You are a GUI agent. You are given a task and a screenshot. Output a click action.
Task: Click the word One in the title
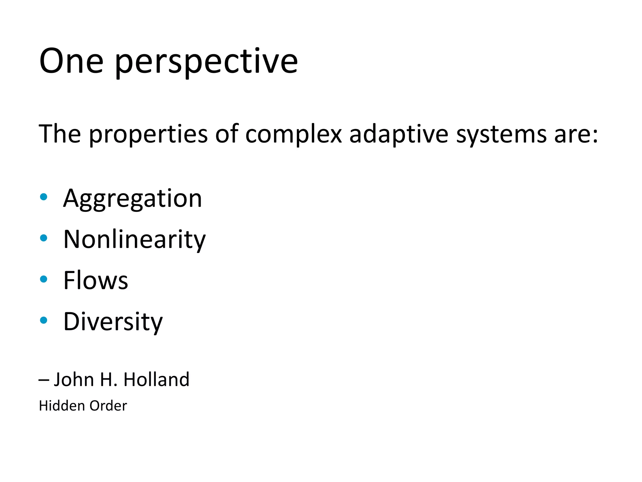[x=71, y=61]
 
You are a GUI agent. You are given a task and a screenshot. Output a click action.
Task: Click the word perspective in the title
[x=206, y=63]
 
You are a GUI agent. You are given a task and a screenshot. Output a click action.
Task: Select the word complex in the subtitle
[x=293, y=135]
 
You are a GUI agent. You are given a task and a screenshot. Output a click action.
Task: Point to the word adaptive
[x=399, y=135]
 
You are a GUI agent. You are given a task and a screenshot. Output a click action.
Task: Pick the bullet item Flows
[x=96, y=280]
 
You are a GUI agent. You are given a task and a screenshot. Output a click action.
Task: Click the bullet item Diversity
[x=113, y=322]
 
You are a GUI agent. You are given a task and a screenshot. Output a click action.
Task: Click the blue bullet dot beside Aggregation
[x=44, y=197]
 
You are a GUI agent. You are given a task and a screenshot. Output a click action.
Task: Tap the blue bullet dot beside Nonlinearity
[x=44, y=238]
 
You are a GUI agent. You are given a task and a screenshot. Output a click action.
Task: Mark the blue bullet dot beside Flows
[x=44, y=279]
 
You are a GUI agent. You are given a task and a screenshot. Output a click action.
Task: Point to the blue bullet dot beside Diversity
[x=44, y=320]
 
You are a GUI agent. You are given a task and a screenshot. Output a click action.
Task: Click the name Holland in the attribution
[x=156, y=379]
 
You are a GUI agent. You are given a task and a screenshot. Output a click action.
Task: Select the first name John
[x=74, y=379]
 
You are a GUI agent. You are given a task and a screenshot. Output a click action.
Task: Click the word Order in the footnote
[x=108, y=406]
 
